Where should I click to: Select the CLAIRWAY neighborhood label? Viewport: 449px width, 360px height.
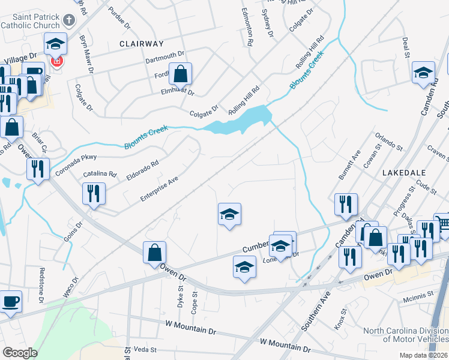pos(141,44)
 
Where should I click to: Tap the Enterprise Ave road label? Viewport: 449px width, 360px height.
pos(160,188)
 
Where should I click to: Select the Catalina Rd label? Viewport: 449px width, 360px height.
pos(100,173)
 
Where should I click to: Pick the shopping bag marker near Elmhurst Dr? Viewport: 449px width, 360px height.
pos(180,75)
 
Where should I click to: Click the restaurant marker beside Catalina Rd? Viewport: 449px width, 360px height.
pos(93,194)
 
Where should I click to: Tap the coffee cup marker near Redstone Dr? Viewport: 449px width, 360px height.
pos(11,301)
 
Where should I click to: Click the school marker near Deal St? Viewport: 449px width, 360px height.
pos(423,73)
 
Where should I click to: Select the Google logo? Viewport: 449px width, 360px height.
pos(20,353)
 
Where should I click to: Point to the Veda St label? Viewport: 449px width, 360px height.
pos(145,349)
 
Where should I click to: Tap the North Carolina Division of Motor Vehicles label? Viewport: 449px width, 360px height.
pos(405,336)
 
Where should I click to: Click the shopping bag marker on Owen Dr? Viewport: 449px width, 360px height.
pos(154,253)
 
